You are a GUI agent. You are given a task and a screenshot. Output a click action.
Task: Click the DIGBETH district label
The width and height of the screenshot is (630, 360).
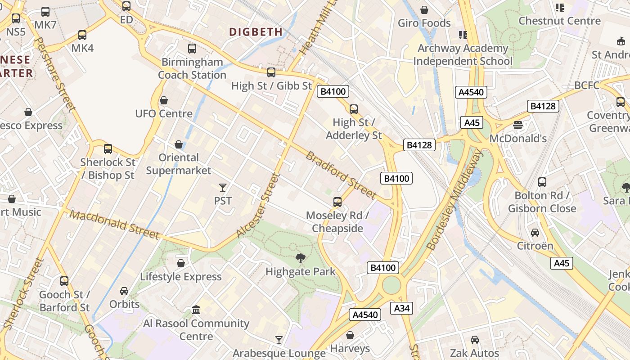[256, 32]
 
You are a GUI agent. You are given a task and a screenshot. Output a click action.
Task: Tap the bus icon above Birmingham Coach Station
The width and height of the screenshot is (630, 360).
[192, 48]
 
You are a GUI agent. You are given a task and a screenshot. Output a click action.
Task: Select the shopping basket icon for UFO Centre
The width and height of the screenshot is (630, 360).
[164, 100]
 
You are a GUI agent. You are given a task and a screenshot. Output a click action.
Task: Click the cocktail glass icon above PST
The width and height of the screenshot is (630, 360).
[222, 187]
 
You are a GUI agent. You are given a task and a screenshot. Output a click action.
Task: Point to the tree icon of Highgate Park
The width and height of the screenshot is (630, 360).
[300, 258]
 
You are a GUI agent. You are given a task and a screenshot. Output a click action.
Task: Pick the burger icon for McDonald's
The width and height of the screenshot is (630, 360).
[517, 125]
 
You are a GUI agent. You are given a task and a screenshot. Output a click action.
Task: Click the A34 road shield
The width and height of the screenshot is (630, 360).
[402, 308]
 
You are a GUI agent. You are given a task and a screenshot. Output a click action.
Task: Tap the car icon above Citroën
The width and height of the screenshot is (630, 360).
[535, 233]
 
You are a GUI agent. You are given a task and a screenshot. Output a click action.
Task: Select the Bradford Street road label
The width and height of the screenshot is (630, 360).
[341, 175]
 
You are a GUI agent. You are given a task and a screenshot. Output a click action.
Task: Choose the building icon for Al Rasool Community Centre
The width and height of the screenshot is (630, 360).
[196, 310]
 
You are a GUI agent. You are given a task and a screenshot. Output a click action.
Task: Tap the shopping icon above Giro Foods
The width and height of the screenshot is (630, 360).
[424, 9]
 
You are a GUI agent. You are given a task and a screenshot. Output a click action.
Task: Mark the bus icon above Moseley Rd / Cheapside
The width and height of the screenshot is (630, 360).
[337, 202]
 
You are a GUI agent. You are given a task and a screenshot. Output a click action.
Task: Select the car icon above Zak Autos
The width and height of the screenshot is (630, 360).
[474, 340]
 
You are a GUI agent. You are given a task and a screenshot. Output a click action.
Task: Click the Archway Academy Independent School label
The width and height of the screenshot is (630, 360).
[463, 54]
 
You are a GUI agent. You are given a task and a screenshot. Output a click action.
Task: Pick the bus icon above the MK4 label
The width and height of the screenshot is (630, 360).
[82, 35]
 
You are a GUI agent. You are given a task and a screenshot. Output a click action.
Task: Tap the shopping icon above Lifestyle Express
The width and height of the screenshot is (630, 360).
[180, 263]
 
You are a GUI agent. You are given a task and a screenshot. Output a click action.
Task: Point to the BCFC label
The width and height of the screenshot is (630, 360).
[587, 85]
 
